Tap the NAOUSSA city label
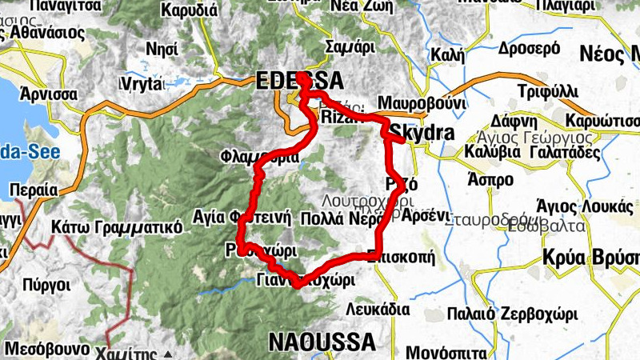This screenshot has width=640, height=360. pos(322,342)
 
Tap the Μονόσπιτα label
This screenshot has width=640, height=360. pos(446,352)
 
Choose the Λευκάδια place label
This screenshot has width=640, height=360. pos(378,309)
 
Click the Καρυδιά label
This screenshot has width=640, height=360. pos(189,11)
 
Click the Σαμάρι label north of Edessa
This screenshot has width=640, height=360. pos(350,47)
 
